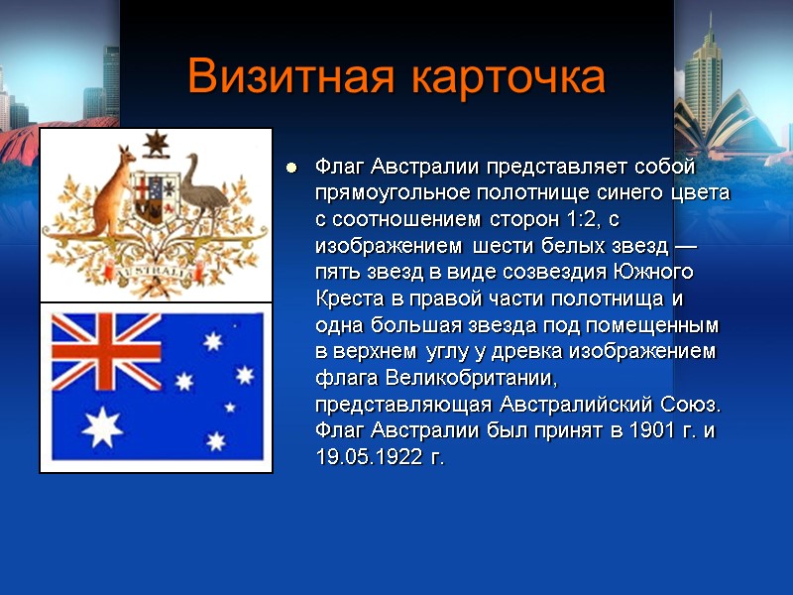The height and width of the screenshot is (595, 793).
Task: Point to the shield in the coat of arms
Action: click(155, 198)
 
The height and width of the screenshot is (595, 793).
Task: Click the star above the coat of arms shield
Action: click(156, 146)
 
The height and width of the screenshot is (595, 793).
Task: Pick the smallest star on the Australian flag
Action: click(230, 407)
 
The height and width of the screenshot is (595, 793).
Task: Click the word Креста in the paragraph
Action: click(347, 297)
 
